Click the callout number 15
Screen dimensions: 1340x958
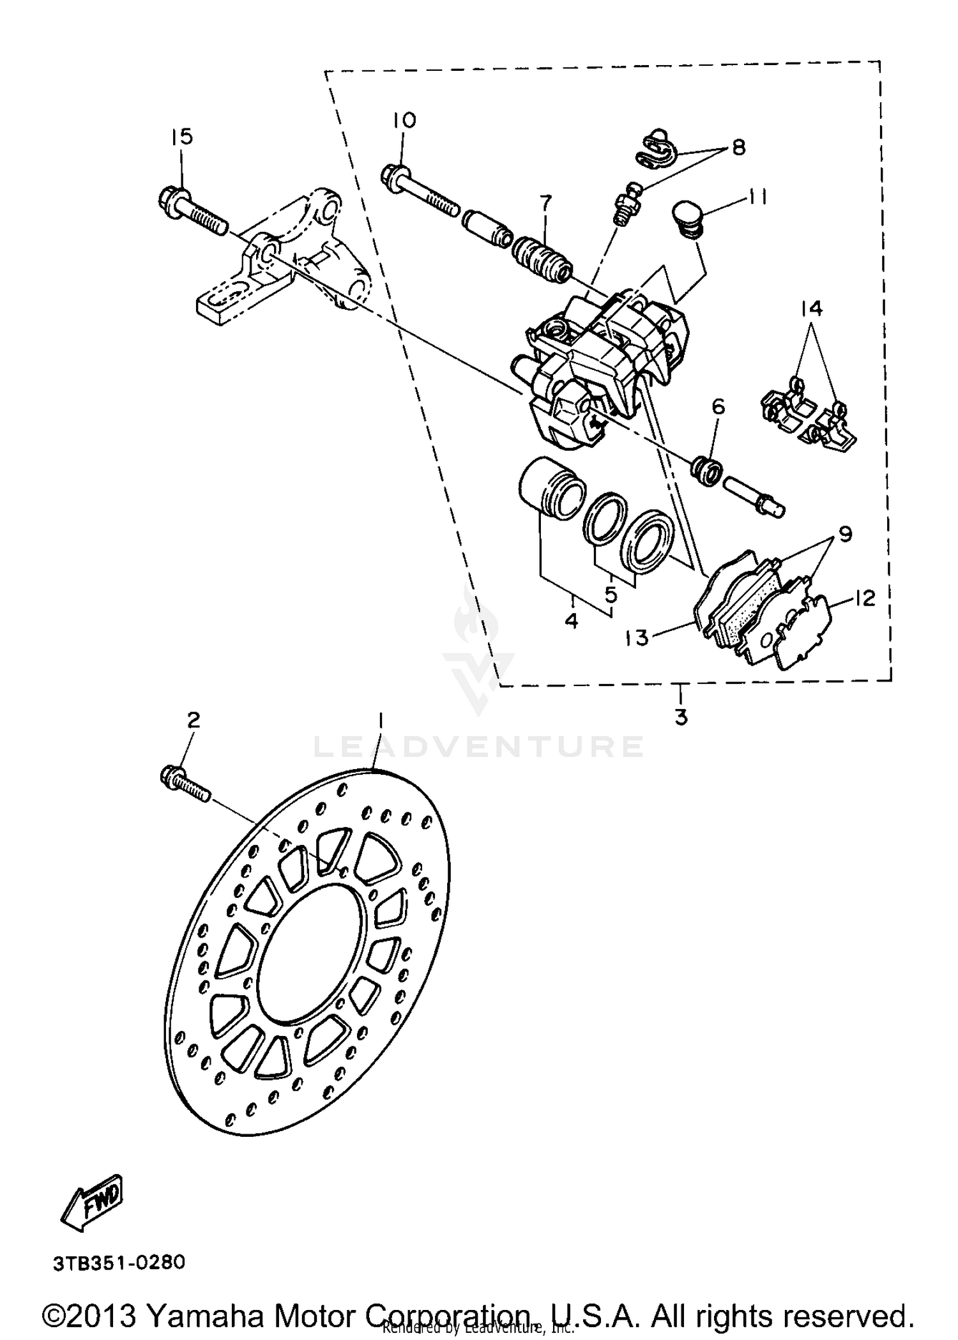[181, 137]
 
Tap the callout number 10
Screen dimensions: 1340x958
[404, 120]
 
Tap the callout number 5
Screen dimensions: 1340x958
[611, 595]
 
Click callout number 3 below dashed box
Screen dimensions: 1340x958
[681, 717]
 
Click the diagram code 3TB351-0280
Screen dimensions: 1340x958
[119, 1263]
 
